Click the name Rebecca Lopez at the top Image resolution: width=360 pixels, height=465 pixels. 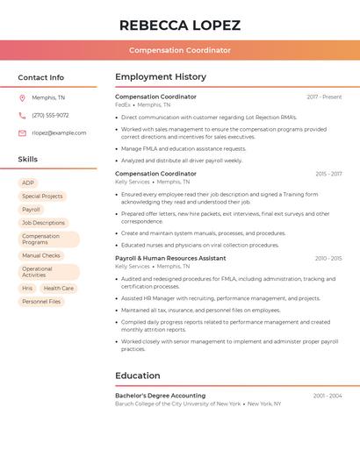[x=180, y=25]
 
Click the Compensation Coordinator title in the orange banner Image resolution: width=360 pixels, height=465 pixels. [x=180, y=50]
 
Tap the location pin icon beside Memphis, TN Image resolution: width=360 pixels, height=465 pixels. [x=22, y=97]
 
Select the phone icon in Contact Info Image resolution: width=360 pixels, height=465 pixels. [x=22, y=115]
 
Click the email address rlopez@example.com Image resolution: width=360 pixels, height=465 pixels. [x=59, y=132]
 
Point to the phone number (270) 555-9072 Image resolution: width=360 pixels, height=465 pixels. [x=50, y=115]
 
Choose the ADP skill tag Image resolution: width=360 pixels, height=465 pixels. [x=28, y=183]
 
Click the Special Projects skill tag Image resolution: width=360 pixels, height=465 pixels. [x=42, y=197]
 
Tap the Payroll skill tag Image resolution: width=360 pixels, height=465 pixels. [x=32, y=210]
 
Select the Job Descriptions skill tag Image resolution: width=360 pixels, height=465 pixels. [x=44, y=223]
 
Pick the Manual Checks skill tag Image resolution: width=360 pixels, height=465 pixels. [x=41, y=255]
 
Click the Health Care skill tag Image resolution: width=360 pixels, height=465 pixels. [x=58, y=288]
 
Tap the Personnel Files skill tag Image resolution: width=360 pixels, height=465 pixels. [x=41, y=301]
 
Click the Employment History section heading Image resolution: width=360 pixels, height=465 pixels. [x=161, y=77]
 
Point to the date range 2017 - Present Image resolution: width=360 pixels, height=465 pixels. [x=324, y=97]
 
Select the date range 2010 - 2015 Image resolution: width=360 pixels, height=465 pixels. [x=328, y=258]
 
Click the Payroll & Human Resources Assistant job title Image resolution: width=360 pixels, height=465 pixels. [x=170, y=258]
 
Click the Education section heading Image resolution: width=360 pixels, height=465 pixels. [x=137, y=376]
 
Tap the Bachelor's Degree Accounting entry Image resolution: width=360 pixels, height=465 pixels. [x=160, y=396]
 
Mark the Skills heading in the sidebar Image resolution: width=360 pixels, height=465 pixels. [x=28, y=159]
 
